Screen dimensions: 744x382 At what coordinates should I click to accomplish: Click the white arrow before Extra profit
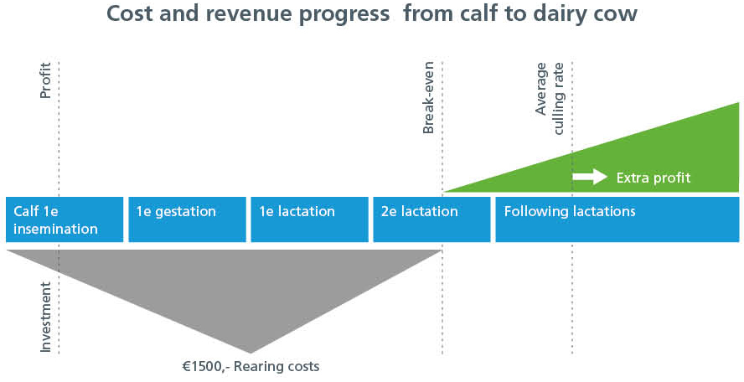(590, 177)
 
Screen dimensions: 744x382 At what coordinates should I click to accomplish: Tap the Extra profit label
(654, 178)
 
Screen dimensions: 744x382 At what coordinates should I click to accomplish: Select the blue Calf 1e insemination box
(65, 219)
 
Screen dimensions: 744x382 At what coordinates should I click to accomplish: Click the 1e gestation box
(188, 219)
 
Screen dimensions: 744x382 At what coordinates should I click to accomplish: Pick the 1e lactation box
(310, 219)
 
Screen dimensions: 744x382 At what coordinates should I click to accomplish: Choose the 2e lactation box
(431, 219)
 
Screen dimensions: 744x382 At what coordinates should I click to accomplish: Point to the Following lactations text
(570, 211)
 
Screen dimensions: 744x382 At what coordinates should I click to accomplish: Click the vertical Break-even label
(428, 97)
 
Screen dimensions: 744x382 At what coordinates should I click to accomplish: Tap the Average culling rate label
(550, 98)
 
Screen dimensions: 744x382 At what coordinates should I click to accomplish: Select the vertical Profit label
(45, 80)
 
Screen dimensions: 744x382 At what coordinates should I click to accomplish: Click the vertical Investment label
(45, 317)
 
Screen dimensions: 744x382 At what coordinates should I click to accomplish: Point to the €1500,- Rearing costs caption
(251, 366)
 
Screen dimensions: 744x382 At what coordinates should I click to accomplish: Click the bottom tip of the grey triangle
(251, 353)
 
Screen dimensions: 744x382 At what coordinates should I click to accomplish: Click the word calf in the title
(458, 13)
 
